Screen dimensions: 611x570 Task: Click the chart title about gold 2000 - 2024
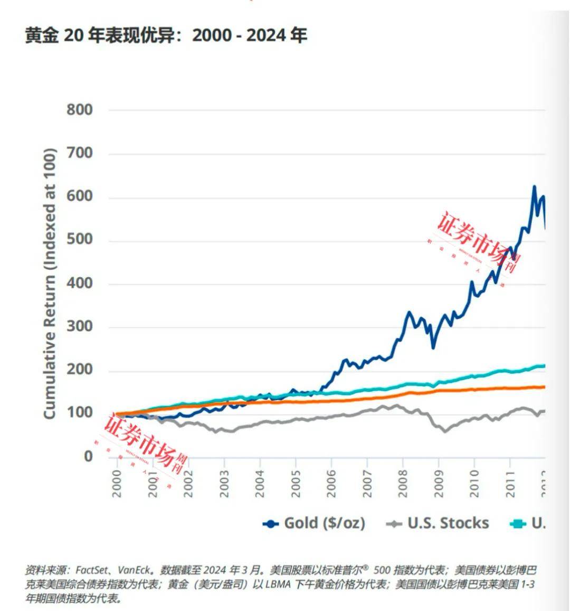tap(166, 35)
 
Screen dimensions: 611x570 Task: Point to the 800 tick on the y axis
tap(80, 110)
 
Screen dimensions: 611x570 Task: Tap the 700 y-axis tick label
tap(80, 153)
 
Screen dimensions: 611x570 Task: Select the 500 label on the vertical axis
tap(80, 240)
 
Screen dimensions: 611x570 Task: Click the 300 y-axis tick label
tap(80, 326)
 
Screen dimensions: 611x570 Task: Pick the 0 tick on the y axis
tap(88, 456)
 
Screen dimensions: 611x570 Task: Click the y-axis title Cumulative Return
tap(49, 284)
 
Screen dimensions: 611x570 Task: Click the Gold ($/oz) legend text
tap(325, 523)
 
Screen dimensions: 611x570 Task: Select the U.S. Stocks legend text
tap(448, 523)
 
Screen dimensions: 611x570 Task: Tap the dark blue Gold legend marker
tap(271, 524)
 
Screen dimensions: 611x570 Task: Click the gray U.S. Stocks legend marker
tap(394, 524)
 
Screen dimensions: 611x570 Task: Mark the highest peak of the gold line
tap(534, 186)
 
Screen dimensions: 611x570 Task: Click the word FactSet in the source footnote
tap(92, 570)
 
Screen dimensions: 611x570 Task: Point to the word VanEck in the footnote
tap(136, 570)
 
